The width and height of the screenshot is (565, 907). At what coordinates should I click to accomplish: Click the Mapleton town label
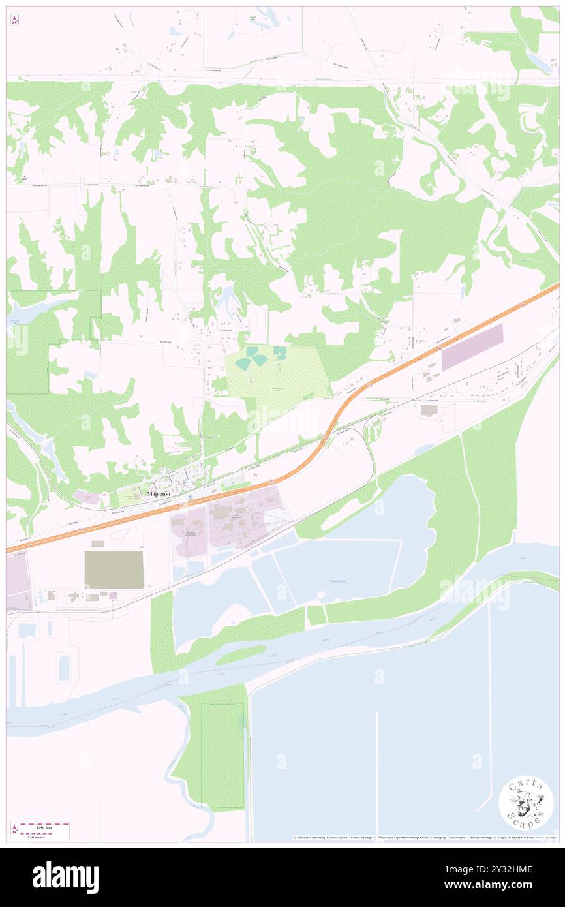[x=159, y=494]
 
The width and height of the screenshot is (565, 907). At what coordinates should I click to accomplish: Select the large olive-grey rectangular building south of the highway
[x=114, y=570]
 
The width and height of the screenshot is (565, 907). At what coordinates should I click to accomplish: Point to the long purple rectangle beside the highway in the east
[x=472, y=347]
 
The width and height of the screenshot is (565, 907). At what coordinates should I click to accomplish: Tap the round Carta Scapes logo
[x=526, y=803]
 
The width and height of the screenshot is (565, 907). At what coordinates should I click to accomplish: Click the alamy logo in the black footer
[x=65, y=877]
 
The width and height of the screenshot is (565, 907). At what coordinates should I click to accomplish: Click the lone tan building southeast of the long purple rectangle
[x=429, y=410]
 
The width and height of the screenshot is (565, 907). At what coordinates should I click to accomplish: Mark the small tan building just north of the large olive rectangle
[x=98, y=544]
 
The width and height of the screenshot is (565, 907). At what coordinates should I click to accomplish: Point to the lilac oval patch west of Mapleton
[x=87, y=498]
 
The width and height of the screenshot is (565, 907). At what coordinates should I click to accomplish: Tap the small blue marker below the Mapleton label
[x=189, y=497]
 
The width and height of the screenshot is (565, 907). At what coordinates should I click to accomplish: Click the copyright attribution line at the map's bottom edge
[x=424, y=837]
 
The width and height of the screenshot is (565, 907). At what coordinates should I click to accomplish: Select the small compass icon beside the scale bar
[x=14, y=830]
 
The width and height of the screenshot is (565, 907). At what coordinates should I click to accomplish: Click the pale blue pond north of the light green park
[x=228, y=301]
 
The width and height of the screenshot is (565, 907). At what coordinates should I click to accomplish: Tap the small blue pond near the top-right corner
[x=539, y=62]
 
